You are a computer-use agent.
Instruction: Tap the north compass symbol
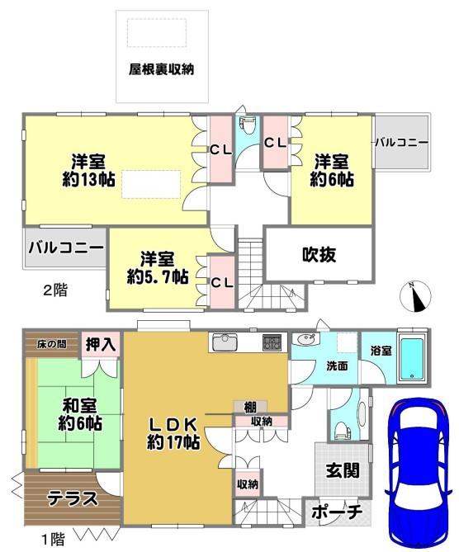[x=416, y=297]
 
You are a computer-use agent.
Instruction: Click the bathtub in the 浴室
[x=411, y=359]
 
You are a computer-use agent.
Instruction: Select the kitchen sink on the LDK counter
[x=224, y=342]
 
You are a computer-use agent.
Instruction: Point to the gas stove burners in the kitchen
[x=272, y=342]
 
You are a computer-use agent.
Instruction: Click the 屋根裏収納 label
[x=161, y=69]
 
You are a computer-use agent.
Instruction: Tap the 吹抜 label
[x=319, y=254]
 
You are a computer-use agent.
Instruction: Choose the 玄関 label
[x=343, y=470]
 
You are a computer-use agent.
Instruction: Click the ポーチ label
[x=337, y=512]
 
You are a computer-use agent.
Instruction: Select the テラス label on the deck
[x=73, y=498]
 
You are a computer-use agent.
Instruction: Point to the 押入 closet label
[x=101, y=344]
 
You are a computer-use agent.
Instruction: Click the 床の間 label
[x=51, y=344]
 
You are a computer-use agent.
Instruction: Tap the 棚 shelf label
[x=250, y=408]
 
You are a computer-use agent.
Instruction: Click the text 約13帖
[x=88, y=180]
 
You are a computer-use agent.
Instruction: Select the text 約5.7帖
[x=158, y=277]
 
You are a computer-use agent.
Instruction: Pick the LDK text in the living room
[x=173, y=425]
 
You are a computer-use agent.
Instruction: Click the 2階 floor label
[x=55, y=290]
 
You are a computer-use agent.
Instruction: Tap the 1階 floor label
[x=53, y=539]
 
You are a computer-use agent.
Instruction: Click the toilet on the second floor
[x=248, y=125]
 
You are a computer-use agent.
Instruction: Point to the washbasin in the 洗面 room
[x=306, y=340]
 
